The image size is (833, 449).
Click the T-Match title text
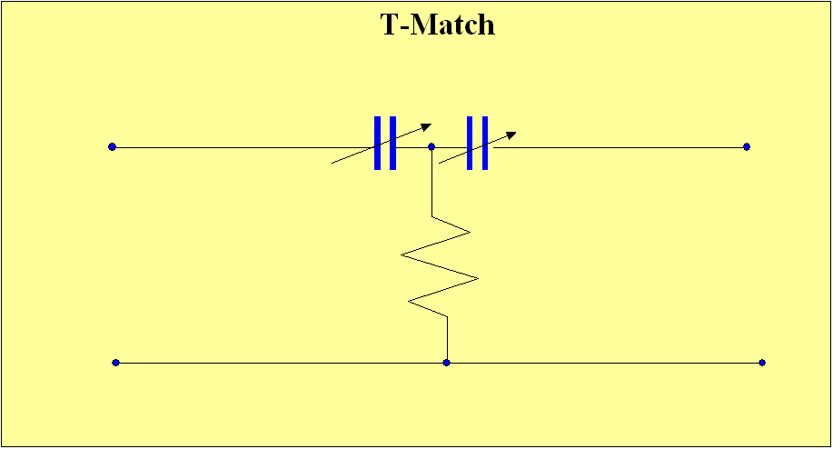coord(437,25)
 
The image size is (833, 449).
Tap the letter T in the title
coord(389,25)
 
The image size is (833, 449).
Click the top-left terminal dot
coord(112,146)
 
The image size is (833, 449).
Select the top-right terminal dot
coord(747,146)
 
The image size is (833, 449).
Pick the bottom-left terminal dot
coord(115,363)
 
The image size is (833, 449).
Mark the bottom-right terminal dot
coord(762,363)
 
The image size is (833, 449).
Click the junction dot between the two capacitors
coord(431,146)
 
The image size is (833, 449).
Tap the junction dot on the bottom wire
coord(446,363)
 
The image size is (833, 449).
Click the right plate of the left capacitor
coord(392,143)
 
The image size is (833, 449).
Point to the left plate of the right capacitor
coord(470,143)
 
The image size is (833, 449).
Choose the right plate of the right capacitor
coord(485,143)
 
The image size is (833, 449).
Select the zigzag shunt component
coord(440,267)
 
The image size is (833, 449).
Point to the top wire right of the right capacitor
coord(618,146)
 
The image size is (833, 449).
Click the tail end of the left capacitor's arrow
coord(333,163)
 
